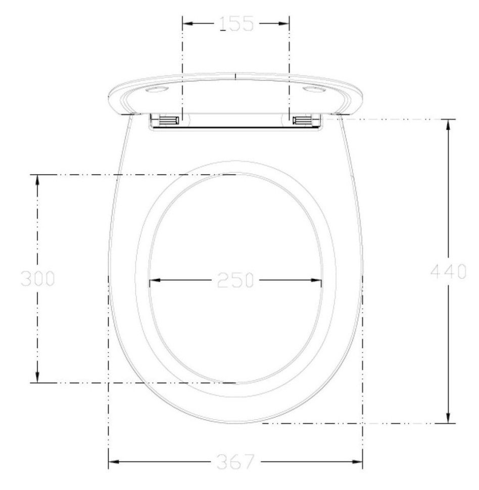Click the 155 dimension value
pos(236,24)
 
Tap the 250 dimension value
pos(235,280)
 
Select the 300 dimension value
pos(38,278)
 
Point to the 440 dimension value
pos(448,271)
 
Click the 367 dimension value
pos(236,462)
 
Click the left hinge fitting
pos(169,120)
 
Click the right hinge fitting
pos(303,120)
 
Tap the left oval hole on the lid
pos(158,90)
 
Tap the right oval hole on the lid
pos(314,90)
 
